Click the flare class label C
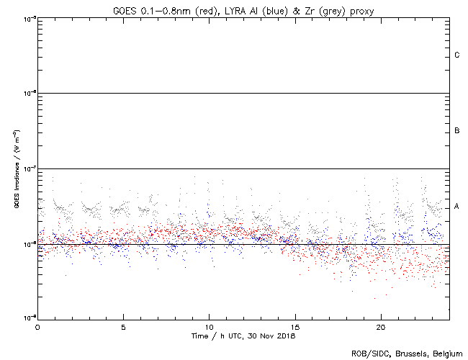click(x=457, y=55)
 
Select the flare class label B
click(x=457, y=131)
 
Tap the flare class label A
click(x=457, y=207)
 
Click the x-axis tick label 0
click(x=37, y=327)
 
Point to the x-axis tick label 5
click(x=123, y=327)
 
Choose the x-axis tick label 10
click(x=209, y=327)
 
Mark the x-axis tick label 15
click(x=294, y=327)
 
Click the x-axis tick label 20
click(x=380, y=327)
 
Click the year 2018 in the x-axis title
click(x=287, y=336)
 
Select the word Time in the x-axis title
click(x=199, y=336)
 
